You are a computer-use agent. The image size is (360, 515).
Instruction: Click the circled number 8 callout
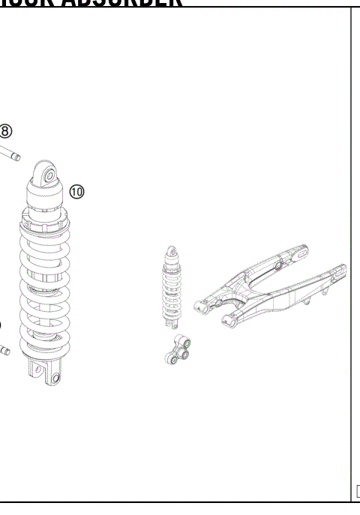click(x=6, y=131)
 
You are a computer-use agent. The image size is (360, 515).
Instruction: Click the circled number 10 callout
click(x=77, y=191)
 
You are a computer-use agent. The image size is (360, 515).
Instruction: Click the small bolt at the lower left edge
click(x=4, y=349)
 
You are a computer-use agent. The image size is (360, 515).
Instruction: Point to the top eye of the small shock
click(x=172, y=249)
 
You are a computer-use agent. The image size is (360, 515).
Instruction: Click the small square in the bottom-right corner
click(x=357, y=492)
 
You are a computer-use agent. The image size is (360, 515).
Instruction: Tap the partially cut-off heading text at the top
click(x=90, y=3)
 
